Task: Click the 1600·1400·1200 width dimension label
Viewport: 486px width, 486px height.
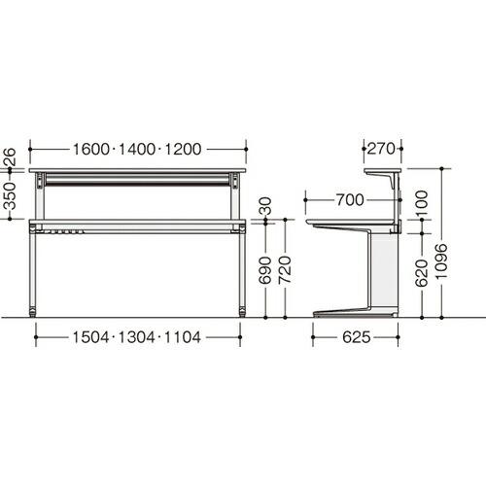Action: click(137, 150)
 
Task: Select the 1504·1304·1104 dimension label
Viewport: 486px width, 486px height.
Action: click(136, 337)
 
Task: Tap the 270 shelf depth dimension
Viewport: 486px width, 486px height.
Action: click(381, 149)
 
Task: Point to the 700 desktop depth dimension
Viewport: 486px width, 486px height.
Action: click(350, 200)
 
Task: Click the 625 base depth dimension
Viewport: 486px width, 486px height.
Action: click(357, 337)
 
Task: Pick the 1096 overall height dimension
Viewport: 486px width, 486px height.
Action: click(441, 261)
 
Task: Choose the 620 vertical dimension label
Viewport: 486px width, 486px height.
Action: click(422, 273)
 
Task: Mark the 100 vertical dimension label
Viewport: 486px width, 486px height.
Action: click(422, 203)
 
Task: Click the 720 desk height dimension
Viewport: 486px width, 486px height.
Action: click(285, 270)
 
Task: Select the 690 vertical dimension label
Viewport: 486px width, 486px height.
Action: click(265, 270)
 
